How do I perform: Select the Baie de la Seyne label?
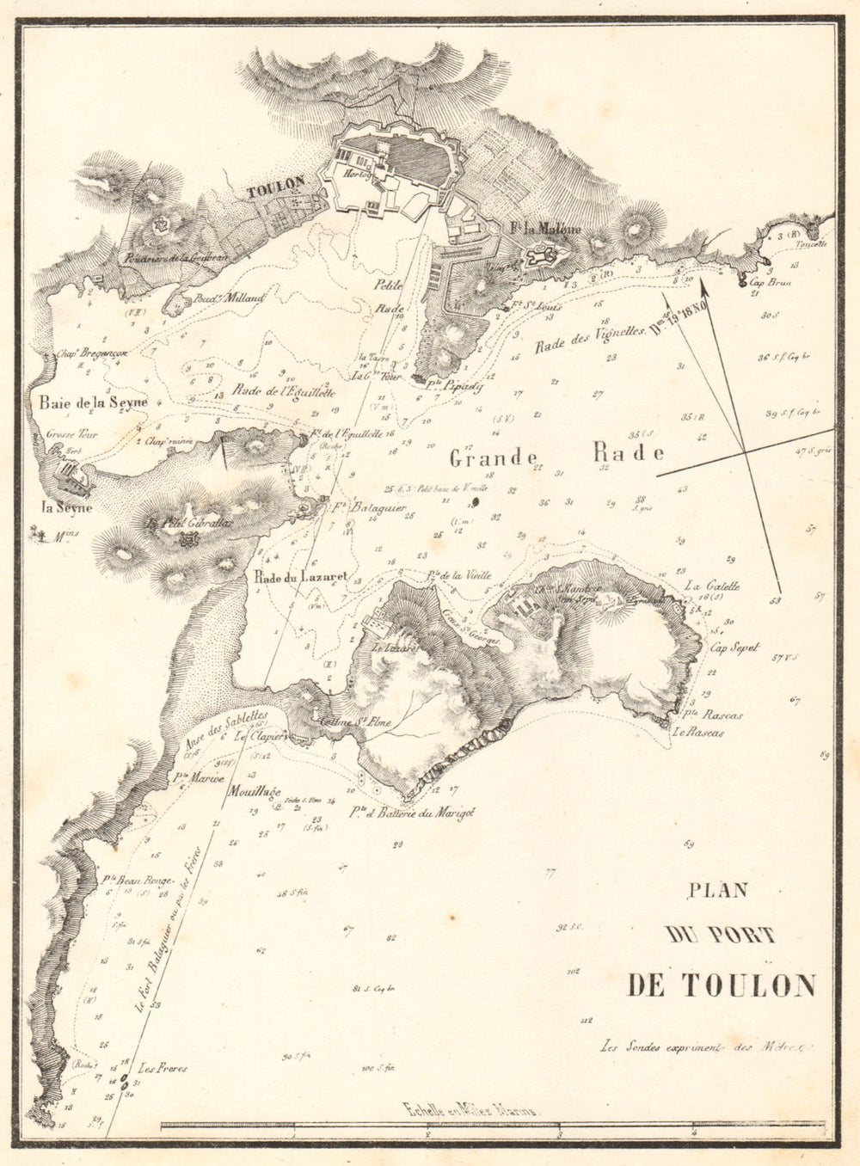click(x=93, y=402)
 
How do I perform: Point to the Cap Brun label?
click(x=770, y=281)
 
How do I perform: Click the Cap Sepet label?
click(x=734, y=647)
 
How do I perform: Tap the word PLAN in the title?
click(x=720, y=891)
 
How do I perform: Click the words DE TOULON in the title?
click(x=721, y=985)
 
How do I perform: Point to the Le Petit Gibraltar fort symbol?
click(x=188, y=539)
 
